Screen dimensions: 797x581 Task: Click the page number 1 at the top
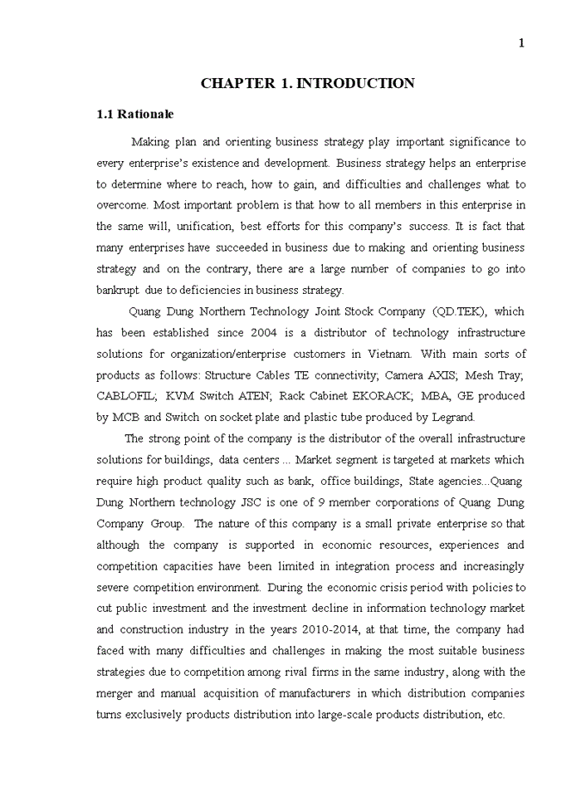(521, 44)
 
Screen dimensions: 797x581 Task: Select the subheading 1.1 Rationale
(135, 114)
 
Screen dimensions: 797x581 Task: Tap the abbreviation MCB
(126, 418)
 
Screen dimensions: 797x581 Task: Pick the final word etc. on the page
(495, 715)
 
